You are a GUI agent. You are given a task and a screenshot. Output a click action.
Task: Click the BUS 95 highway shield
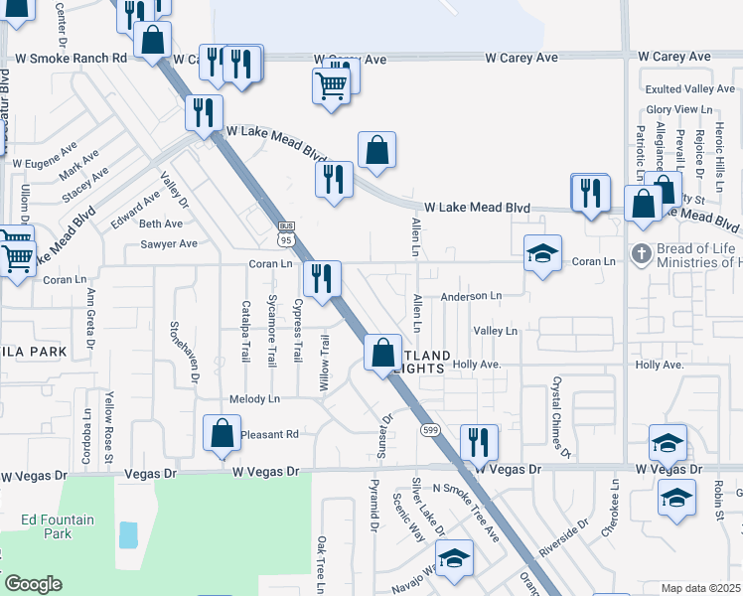click(287, 233)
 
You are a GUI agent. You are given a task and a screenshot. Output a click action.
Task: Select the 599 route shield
click(430, 430)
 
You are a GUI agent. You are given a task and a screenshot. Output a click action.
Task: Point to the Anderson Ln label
click(471, 296)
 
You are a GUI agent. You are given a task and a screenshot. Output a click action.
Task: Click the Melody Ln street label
click(254, 399)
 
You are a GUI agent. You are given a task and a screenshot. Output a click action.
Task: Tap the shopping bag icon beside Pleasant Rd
click(222, 433)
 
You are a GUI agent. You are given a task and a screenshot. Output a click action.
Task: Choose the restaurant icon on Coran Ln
click(322, 278)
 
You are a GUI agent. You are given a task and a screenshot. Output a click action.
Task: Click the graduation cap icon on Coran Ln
click(542, 254)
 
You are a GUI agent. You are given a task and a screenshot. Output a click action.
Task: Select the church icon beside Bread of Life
click(642, 253)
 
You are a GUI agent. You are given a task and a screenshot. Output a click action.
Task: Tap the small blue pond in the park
click(128, 534)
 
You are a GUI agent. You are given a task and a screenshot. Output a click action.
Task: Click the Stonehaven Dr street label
click(184, 352)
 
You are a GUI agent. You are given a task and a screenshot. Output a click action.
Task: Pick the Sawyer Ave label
click(168, 243)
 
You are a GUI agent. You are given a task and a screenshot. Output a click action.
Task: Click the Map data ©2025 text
click(699, 588)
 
